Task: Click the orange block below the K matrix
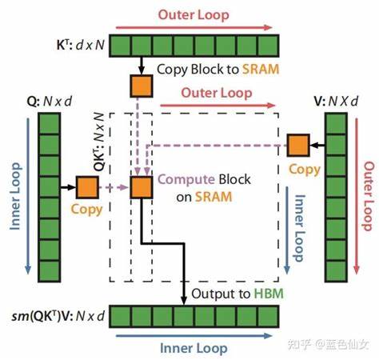coord(142,86)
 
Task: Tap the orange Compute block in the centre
coord(142,187)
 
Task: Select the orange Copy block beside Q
coord(87,187)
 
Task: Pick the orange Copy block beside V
coord(298,146)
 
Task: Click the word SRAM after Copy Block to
coord(261,70)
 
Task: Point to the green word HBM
coord(269,294)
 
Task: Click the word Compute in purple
coord(186,179)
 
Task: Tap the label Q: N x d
coord(50,102)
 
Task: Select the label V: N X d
coord(336,101)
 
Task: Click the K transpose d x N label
coord(81,45)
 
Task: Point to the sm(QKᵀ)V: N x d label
coord(58,316)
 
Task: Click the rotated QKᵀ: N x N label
coord(98,142)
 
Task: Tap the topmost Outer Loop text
coord(193,14)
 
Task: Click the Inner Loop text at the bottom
coord(193,348)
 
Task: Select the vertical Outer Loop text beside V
coord(369,196)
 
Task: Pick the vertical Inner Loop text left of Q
coord(15,196)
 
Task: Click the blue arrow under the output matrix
coord(193,336)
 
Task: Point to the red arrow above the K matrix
coord(193,27)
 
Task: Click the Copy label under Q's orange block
coord(86,210)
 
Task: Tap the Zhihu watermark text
coord(329,344)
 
